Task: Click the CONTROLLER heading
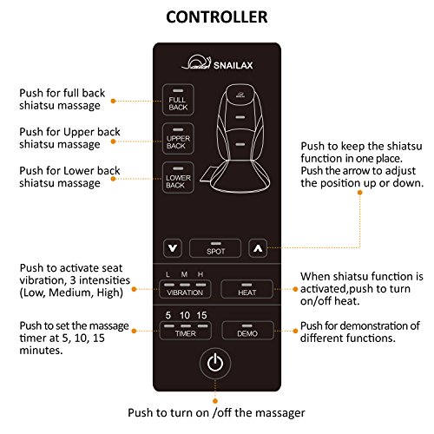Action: (x=217, y=17)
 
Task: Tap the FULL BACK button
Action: (x=178, y=100)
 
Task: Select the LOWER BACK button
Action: (x=178, y=177)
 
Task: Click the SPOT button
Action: (x=215, y=248)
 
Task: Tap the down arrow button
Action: (x=173, y=248)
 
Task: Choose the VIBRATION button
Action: (x=185, y=289)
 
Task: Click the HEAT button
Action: (x=247, y=289)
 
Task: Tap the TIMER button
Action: (x=185, y=331)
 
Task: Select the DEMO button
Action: (x=247, y=331)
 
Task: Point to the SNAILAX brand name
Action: (x=233, y=65)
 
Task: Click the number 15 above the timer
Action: (x=201, y=315)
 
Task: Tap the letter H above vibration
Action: (x=201, y=274)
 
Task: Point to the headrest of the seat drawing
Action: (x=240, y=93)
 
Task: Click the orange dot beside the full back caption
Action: (x=114, y=101)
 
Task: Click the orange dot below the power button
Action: (x=215, y=401)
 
